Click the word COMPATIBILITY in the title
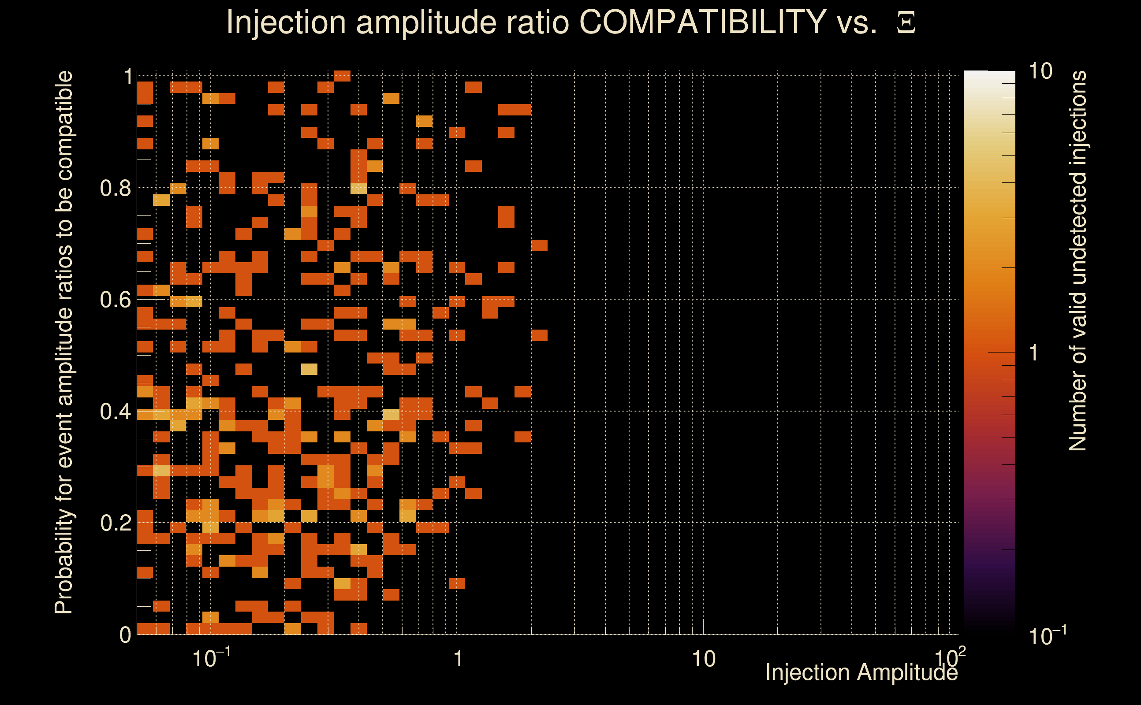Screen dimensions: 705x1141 [x=702, y=22]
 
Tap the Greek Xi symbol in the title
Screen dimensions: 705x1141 [x=906, y=23]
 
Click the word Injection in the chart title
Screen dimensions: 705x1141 [x=286, y=22]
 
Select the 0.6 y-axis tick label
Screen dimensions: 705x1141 [x=116, y=300]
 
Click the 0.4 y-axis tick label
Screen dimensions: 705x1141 [x=116, y=411]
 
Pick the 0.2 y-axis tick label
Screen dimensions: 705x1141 [x=116, y=523]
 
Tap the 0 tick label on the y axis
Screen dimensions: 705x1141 [x=125, y=634]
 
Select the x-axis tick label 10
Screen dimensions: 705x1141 [x=703, y=659]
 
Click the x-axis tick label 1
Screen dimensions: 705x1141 [x=458, y=659]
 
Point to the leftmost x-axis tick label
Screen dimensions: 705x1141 [x=211, y=658]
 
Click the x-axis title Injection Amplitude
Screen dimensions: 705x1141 [x=861, y=672]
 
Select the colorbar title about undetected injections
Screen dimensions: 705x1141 [x=1078, y=261]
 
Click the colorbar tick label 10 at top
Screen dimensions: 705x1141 [x=1040, y=72]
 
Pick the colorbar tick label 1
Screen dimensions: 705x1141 [x=1034, y=353]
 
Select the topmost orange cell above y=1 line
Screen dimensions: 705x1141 [x=342, y=75]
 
